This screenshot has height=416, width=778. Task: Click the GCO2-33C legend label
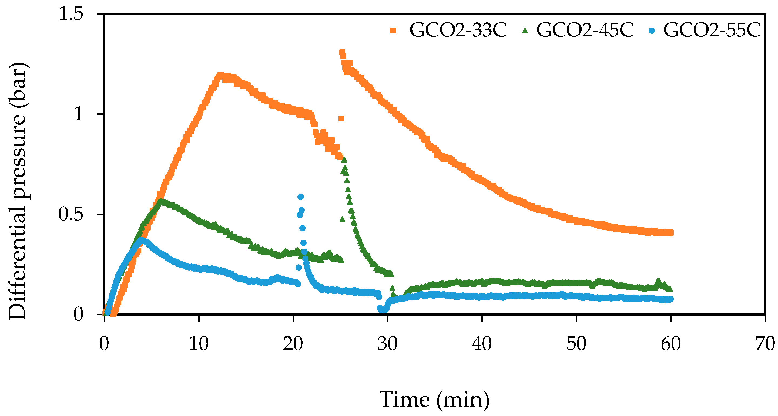pos(458,30)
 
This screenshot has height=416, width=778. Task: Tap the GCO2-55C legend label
pos(712,30)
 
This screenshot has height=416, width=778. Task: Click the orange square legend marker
pos(393,31)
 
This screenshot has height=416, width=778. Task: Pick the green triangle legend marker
pos(525,31)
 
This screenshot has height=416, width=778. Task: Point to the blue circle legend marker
pos(652,31)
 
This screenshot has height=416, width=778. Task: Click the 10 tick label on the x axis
pos(199,344)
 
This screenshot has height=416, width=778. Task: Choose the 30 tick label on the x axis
pos(387,344)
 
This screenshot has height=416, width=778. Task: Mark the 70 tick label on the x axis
pos(765,344)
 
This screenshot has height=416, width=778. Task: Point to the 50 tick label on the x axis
pos(576,344)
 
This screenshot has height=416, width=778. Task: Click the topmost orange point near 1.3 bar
pos(342,52)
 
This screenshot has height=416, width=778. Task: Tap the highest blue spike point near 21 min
pos(300,197)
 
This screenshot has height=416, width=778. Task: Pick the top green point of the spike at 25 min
pos(344,160)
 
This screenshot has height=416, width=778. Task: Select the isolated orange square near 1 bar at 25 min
pos(341,119)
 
